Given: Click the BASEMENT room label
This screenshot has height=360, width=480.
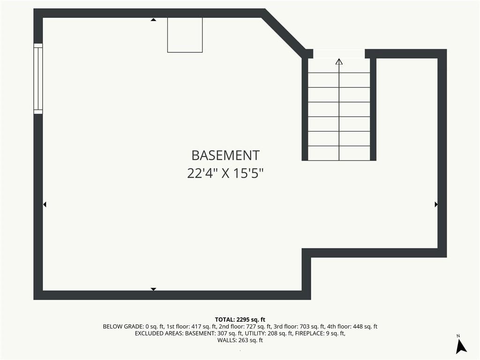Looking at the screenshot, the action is click(225, 156).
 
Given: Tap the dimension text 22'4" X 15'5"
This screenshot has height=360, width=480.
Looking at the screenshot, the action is click(225, 173).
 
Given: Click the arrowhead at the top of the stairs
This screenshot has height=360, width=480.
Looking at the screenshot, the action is click(339, 61).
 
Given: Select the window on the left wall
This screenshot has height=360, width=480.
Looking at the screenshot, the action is click(38, 79).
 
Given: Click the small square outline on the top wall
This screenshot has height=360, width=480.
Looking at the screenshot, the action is click(185, 35).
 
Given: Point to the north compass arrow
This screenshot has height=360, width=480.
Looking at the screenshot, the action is click(461, 346).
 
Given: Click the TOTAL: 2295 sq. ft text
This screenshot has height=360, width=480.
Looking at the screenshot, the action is click(240, 320).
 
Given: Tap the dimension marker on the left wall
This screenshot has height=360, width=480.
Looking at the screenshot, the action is click(45, 204).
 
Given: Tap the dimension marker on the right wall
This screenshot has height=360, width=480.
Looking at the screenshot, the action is click(436, 204).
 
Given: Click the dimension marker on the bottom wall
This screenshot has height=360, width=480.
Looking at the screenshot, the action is click(153, 289).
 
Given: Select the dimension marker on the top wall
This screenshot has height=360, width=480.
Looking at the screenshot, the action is click(153, 20).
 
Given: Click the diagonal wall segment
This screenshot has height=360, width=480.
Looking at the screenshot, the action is click(284, 33).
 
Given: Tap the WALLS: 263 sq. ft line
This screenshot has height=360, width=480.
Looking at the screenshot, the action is click(240, 340).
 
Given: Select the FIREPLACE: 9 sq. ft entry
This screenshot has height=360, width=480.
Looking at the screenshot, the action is click(320, 333).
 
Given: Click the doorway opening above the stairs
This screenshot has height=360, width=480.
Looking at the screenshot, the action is click(339, 53).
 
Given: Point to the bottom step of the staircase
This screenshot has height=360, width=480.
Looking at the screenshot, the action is click(339, 153).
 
